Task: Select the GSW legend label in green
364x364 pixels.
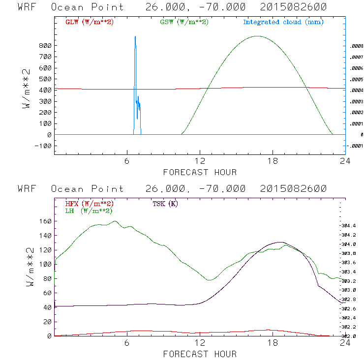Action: [x=184, y=22]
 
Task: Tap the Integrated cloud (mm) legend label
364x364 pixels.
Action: [x=283, y=22]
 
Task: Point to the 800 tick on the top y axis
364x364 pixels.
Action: [x=46, y=45]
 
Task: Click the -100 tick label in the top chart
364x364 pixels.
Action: [x=44, y=146]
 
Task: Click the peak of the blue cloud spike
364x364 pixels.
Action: [x=135, y=36]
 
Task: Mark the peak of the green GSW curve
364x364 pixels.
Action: [x=257, y=36]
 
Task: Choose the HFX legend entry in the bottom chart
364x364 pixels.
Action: [x=87, y=204]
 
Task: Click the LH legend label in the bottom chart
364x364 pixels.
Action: [x=89, y=211]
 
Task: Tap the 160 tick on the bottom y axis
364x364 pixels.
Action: [x=46, y=221]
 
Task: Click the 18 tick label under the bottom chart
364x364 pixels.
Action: [x=273, y=343]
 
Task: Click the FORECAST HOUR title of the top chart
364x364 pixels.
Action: [x=200, y=172]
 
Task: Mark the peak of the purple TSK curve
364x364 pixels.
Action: [x=280, y=242]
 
